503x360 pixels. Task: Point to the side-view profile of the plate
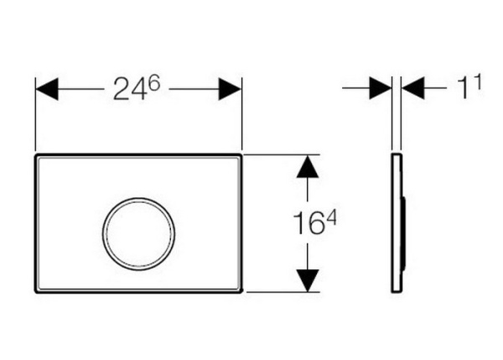397,223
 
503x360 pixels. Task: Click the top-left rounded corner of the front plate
37,157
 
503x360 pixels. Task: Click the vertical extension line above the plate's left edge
34,117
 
